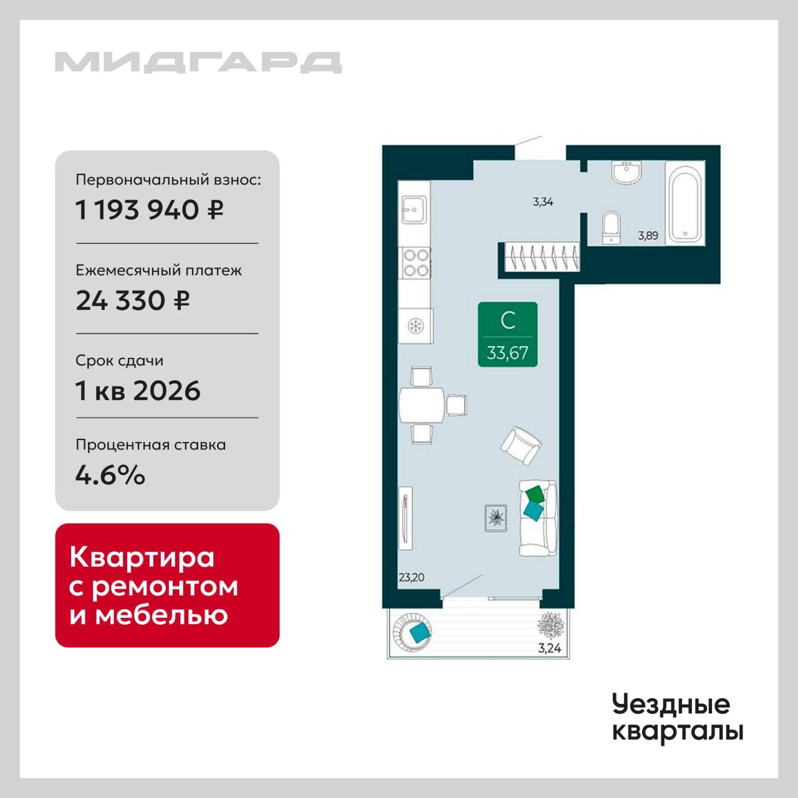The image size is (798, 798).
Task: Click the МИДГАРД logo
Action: [198, 62]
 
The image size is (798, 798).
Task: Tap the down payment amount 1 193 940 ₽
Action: [150, 210]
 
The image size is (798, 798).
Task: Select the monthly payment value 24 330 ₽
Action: [133, 300]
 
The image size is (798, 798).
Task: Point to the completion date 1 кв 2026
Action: [138, 390]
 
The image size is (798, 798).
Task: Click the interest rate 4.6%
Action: [110, 475]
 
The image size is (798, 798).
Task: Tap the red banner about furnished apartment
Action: [167, 585]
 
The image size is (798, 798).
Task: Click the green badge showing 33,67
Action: [507, 335]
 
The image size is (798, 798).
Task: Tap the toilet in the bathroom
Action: [612, 228]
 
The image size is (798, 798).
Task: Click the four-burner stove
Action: [415, 262]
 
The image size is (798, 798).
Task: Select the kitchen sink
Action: [414, 209]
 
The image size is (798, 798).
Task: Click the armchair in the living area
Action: [521, 446]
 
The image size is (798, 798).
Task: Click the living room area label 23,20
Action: [411, 577]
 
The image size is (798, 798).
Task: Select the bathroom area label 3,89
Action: [648, 236]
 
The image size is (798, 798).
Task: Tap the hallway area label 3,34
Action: [543, 202]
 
